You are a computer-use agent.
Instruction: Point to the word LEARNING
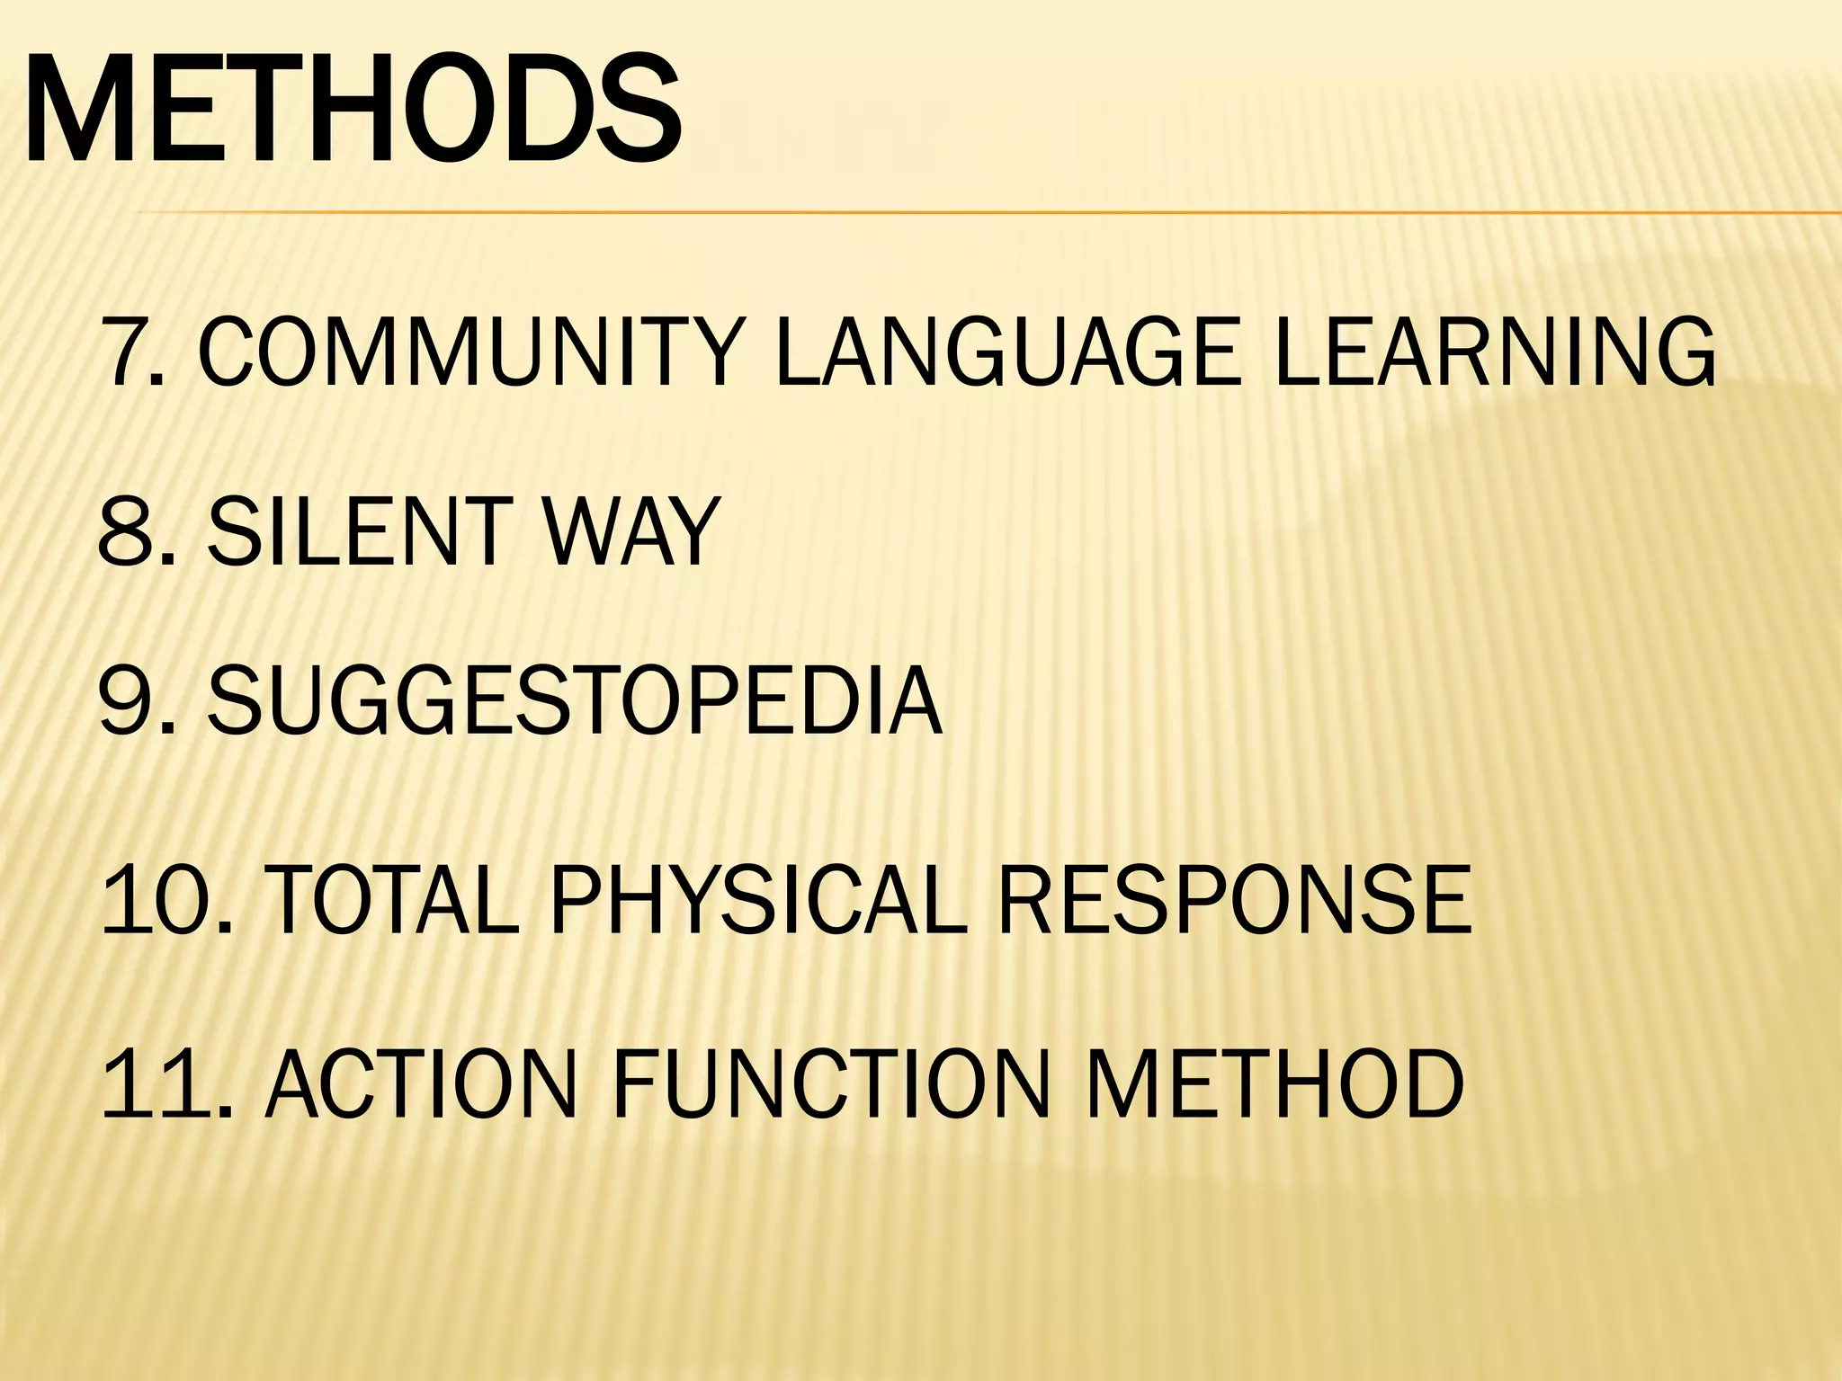[1495, 352]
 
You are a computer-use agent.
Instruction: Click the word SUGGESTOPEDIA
[574, 701]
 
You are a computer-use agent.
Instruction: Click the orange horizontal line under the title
[989, 213]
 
